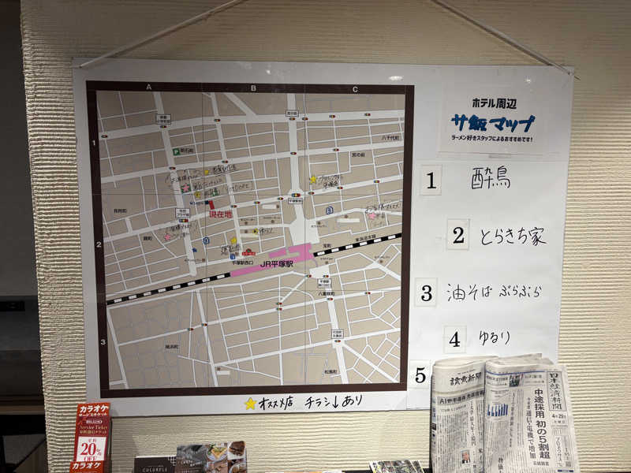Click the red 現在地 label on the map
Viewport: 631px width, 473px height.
pos(220,214)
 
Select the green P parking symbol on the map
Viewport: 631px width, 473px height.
pos(165,150)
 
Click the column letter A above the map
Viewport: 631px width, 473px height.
pos(149,88)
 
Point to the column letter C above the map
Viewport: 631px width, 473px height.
pos(355,89)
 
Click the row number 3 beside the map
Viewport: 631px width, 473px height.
pos(103,341)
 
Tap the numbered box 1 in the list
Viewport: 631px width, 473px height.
pos(430,180)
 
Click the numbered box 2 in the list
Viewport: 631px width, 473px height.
pos(457,235)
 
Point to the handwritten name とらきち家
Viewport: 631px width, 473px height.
pos(512,236)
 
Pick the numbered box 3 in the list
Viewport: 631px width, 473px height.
pos(426,292)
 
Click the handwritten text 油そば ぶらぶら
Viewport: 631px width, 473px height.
pos(494,292)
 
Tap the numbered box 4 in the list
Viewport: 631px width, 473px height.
pos(454,340)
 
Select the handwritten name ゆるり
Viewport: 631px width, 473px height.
pos(495,338)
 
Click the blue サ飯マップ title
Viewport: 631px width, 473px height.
pos(492,123)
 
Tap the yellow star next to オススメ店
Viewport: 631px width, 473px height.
pos(250,403)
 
